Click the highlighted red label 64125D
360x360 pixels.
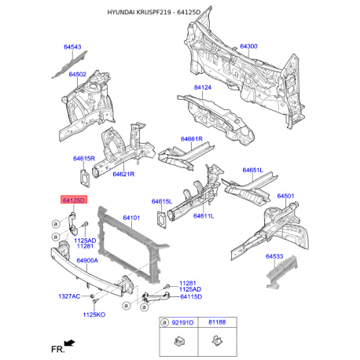click(74, 200)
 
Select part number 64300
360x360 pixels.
click(248, 46)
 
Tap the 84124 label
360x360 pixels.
click(203, 87)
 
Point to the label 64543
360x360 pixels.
click(72, 47)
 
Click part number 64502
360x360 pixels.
click(77, 75)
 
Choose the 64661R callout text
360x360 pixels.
click(192, 139)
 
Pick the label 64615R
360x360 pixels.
click(84, 159)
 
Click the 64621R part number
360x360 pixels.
click(123, 174)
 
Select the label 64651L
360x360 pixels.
click(253, 171)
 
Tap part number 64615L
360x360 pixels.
click(162, 201)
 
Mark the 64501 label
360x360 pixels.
click(285, 196)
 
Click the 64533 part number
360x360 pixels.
click(274, 256)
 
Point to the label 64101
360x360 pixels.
click(131, 218)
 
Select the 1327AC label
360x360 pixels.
click(69, 296)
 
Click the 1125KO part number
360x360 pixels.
click(94, 314)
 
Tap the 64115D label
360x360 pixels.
click(191, 297)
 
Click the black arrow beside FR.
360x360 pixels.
click(70, 343)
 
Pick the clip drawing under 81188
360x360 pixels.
click(218, 340)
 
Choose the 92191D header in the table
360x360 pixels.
click(182, 322)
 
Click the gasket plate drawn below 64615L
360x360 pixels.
click(162, 219)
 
